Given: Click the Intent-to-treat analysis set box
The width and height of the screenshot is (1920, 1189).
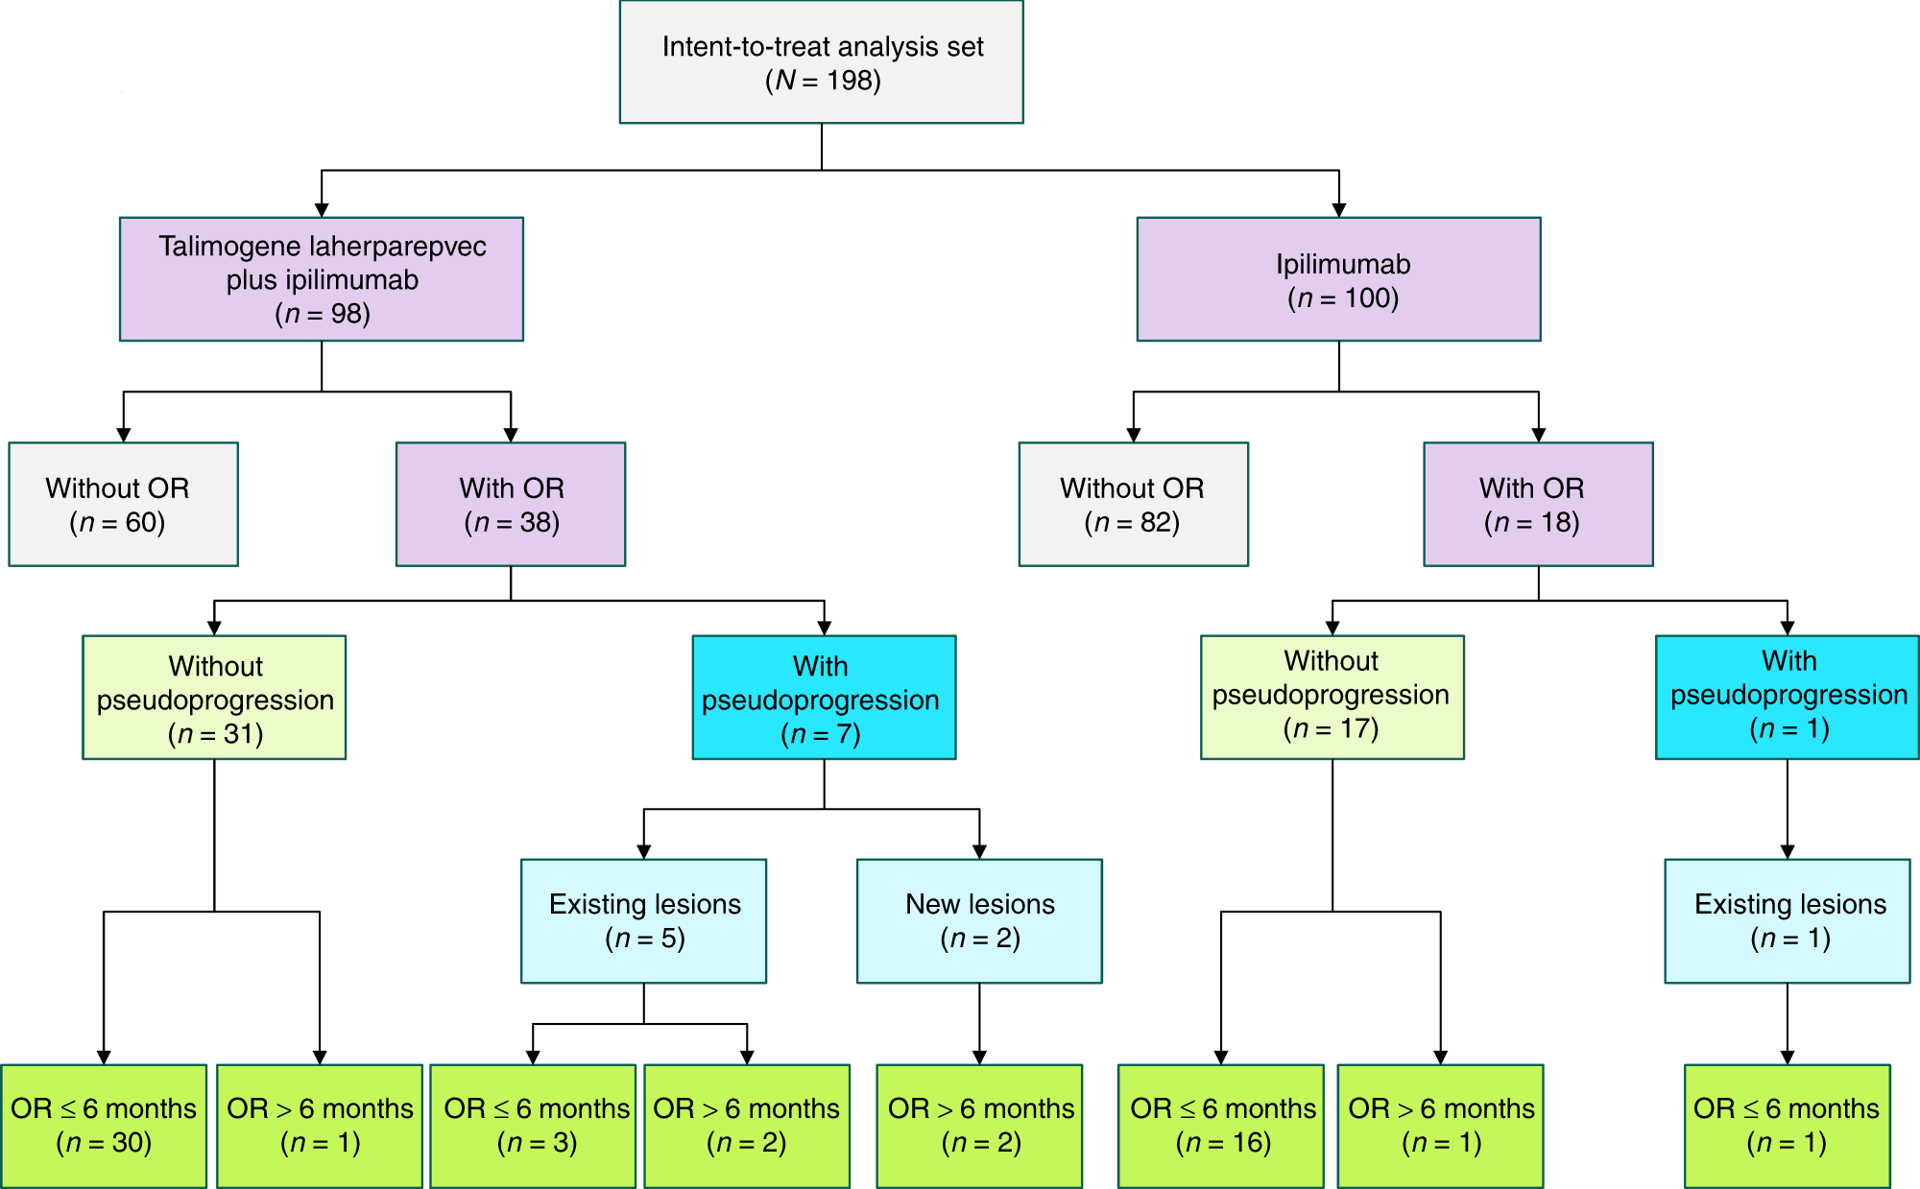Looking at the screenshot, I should coord(822,62).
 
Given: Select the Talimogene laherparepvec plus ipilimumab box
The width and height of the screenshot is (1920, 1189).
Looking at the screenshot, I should coord(322,279).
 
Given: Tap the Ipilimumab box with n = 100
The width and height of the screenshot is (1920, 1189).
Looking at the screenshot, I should coord(1339,279).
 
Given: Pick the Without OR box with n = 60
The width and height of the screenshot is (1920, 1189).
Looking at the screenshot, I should coord(123,505).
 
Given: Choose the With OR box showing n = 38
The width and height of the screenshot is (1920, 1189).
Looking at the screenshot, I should coord(511,505).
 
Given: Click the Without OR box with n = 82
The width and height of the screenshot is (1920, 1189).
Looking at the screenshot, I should coord(1134,505).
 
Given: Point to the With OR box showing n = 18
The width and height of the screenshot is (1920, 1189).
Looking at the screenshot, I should coord(1538,505).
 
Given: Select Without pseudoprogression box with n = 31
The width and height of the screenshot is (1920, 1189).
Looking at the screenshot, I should coord(214,698).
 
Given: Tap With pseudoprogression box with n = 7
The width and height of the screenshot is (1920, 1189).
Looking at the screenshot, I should coord(824,698).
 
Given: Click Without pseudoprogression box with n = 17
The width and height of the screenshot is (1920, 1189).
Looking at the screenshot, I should coord(1332,698).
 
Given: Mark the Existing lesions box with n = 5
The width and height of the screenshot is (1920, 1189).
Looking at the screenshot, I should coord(644,921).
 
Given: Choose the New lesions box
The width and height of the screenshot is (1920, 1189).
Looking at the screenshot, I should coord(979,921).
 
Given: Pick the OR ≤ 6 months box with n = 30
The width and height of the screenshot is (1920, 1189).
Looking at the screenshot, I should coord(104,1126).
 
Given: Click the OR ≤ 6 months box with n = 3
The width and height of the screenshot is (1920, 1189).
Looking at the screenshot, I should coord(533,1126).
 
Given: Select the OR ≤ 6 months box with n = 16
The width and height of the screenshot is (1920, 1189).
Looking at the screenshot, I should coord(1221,1126).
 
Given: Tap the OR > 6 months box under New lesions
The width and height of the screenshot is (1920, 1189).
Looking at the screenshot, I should coord(979,1126).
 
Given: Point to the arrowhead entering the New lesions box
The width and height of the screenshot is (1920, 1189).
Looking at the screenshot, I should coord(979,851).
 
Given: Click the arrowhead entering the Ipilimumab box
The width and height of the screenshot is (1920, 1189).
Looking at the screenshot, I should coord(1339,209).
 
